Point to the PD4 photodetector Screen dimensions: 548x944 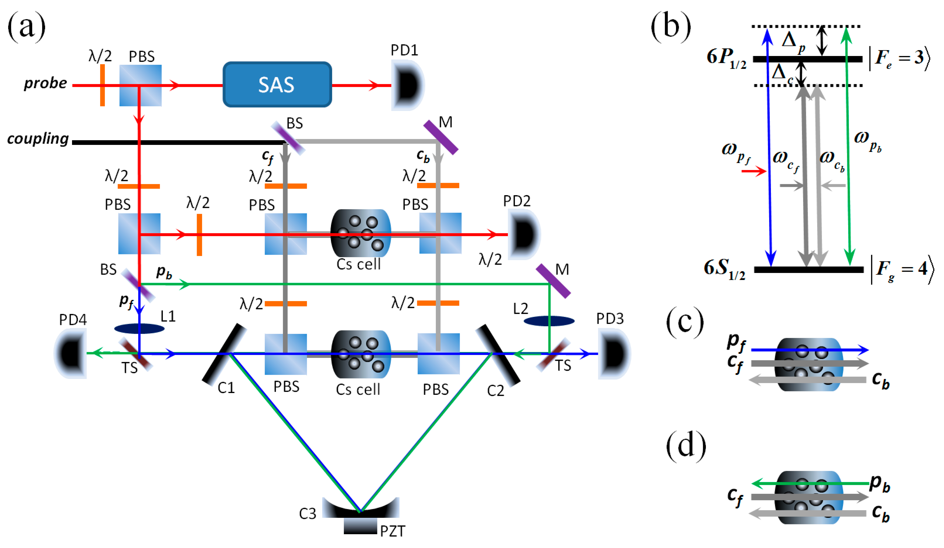tap(71, 353)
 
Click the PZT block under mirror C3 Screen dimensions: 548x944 tap(360, 526)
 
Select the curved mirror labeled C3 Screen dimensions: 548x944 tap(360, 508)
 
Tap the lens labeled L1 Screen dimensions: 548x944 tap(139, 329)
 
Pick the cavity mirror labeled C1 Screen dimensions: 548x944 tap(224, 354)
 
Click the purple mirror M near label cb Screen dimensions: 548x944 tap(441, 137)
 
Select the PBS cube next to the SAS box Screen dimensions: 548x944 tap(141, 85)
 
